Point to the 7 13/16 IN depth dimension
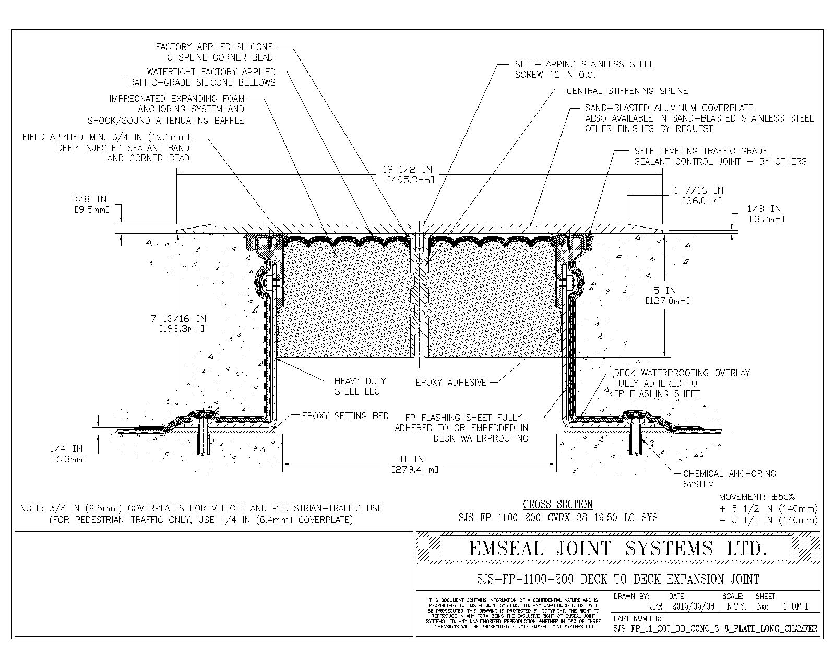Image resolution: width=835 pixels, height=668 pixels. click(178, 324)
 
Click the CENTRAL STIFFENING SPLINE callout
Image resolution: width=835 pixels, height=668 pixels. click(627, 91)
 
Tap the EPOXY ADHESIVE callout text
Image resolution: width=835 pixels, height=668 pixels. click(451, 383)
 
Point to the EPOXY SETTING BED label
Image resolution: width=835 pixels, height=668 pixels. click(345, 416)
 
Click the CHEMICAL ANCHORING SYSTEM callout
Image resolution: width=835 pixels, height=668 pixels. click(729, 479)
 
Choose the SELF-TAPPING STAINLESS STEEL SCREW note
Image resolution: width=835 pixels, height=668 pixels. click(584, 69)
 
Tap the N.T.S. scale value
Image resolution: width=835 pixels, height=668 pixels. click(736, 607)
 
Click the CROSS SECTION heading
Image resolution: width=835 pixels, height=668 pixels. click(557, 504)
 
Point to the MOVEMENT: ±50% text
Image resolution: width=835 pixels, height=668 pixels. click(757, 497)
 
